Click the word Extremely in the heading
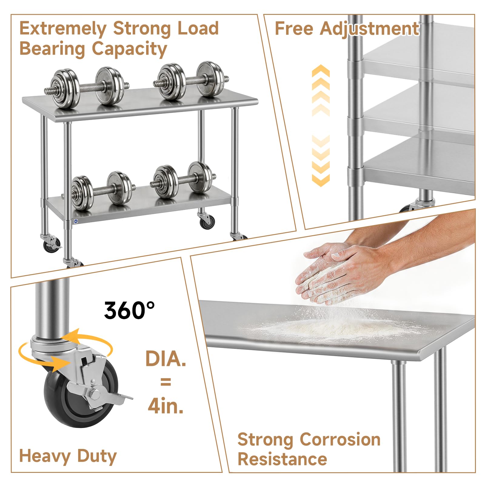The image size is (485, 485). pos(63,29)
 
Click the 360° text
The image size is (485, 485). pos(129,310)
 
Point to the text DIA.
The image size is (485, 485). pos(166,359)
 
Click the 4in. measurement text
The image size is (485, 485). pos(166,405)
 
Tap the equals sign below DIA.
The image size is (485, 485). pos(166,382)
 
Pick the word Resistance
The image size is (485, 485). pos(283,459)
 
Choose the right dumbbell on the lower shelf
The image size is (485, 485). pos(183,180)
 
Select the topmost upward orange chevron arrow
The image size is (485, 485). pos(320,71)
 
